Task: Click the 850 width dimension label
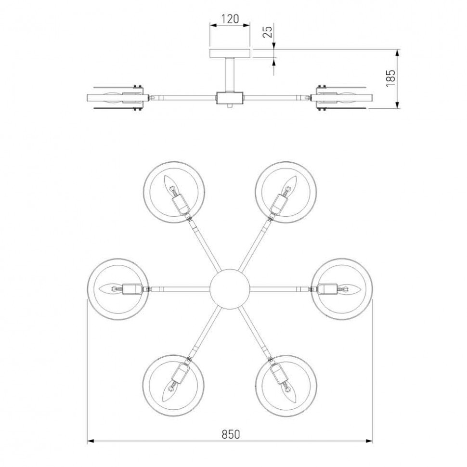231,434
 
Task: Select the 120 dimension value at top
230,19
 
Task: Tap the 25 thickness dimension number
269,32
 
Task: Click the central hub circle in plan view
230,289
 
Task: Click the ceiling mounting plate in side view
230,53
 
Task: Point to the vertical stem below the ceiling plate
230,74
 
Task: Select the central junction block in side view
230,98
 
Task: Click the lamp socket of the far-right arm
328,289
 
